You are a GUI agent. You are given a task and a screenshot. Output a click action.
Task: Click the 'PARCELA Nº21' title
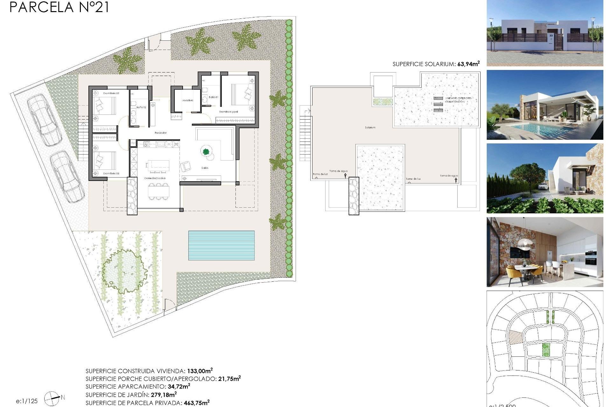pyautogui.click(x=59, y=7)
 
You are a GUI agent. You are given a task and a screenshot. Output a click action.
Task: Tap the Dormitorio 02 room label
pyautogui.click(x=111, y=93)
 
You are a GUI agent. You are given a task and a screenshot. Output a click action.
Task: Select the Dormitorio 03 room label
pyautogui.click(x=111, y=174)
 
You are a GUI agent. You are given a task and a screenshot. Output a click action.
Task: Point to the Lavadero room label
pyautogui.click(x=188, y=100)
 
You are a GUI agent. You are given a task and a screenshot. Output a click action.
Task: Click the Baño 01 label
pyautogui.click(x=213, y=97)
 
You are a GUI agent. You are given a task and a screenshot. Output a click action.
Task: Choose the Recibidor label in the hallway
pyautogui.click(x=160, y=133)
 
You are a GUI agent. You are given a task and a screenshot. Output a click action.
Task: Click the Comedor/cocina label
pyautogui.click(x=155, y=178)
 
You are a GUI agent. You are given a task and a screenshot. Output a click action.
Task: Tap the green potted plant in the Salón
pyautogui.click(x=206, y=151)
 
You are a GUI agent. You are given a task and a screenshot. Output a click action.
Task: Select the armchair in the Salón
pyautogui.click(x=186, y=166)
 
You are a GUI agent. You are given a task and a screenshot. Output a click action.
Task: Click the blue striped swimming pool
pyautogui.click(x=221, y=245)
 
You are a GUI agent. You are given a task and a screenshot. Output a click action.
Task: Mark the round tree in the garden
pyautogui.click(x=124, y=271)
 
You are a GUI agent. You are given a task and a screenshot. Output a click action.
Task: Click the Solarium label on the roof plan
pyautogui.click(x=370, y=128)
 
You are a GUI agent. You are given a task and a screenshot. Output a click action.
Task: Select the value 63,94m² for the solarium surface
pyautogui.click(x=468, y=64)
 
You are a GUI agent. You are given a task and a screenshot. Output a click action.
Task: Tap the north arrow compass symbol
pyautogui.click(x=52, y=398)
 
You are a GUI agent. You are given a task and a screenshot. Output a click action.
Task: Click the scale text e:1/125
pyautogui.click(x=27, y=401)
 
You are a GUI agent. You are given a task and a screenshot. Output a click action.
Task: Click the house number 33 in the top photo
pyautogui.click(x=551, y=36)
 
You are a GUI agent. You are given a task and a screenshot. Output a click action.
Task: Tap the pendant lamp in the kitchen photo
pyautogui.click(x=525, y=243)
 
